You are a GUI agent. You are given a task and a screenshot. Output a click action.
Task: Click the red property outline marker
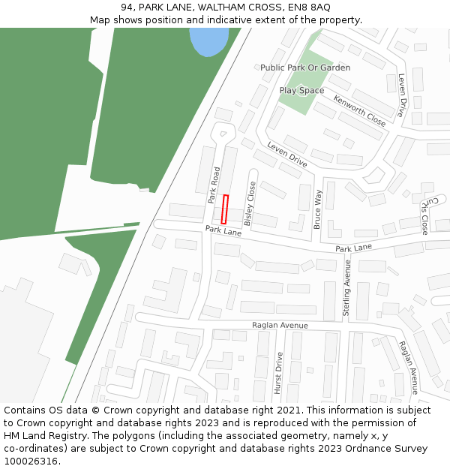coord(224,209)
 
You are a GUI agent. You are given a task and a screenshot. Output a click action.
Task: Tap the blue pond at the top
coord(208,40)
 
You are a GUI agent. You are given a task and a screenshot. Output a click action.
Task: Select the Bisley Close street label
coord(250,203)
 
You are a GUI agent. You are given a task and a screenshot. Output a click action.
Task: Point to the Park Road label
coord(214,185)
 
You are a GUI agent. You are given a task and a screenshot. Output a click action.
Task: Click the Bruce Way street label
coord(317,209)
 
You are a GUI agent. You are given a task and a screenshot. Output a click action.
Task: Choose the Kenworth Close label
coord(360,111)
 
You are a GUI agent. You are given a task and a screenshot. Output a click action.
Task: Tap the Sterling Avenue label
coord(347,287)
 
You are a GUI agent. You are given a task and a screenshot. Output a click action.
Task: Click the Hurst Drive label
coord(277,373)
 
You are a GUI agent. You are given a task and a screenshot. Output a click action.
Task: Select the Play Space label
coord(301,91)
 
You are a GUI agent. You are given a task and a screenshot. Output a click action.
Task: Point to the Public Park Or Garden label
coord(305,68)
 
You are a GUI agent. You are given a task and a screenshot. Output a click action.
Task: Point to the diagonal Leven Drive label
coord(287,155)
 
